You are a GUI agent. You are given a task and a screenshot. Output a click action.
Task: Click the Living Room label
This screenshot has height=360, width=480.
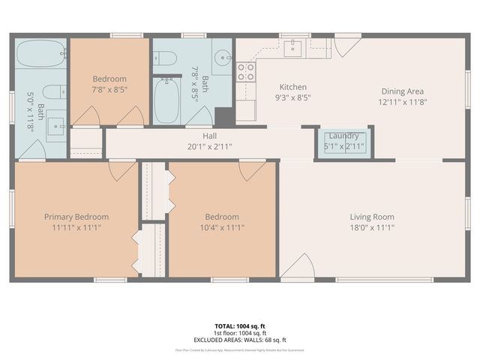pyautogui.click(x=371, y=217)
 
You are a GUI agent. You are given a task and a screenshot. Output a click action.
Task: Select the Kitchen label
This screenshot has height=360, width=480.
pyautogui.click(x=293, y=86)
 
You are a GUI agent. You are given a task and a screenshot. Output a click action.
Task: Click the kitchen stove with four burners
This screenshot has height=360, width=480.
pyautogui.click(x=245, y=72)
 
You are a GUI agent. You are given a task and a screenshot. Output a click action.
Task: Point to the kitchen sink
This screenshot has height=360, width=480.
pyautogui.click(x=295, y=48)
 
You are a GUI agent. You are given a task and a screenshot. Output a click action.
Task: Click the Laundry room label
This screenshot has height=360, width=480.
pyautogui.click(x=344, y=136)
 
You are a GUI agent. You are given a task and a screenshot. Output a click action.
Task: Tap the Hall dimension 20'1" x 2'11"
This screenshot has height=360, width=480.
pyautogui.click(x=210, y=146)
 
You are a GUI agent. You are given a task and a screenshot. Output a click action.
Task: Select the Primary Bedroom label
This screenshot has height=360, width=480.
pyautogui.click(x=76, y=217)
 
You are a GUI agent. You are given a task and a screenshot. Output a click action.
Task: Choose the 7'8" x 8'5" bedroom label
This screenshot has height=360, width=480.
pyautogui.click(x=109, y=79)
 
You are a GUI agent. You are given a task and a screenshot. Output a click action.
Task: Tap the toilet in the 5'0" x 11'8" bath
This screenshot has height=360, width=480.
pyautogui.click(x=52, y=92)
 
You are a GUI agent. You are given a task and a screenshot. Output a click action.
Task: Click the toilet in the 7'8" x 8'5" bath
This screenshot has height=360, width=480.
pyautogui.click(x=167, y=58)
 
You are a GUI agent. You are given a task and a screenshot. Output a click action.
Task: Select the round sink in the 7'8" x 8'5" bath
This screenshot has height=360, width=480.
pyautogui.click(x=223, y=58)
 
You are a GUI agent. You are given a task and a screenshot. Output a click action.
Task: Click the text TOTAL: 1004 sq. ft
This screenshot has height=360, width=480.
pyautogui.click(x=239, y=326)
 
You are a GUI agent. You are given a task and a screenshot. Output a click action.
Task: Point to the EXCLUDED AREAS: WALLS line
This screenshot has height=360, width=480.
pyautogui.click(x=239, y=340)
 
